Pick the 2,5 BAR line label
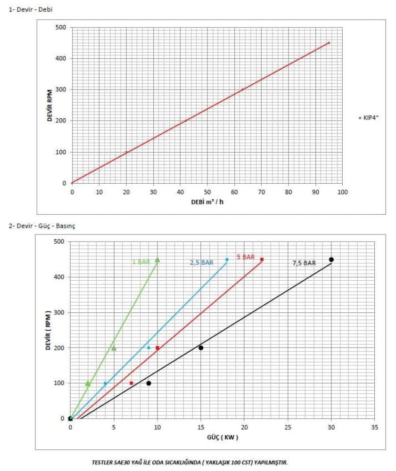(x=201, y=263)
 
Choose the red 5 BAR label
(x=245, y=257)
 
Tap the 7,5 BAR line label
(x=304, y=263)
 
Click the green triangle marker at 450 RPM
(x=157, y=260)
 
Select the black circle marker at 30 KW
(x=331, y=260)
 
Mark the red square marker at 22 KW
(x=262, y=260)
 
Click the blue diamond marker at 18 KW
(x=227, y=260)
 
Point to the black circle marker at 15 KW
(x=201, y=348)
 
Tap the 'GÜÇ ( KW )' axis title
(x=222, y=438)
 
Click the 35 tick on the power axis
(x=375, y=427)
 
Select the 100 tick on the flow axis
(x=342, y=192)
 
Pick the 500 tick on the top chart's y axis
(x=62, y=27)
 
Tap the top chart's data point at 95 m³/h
(x=329, y=43)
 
